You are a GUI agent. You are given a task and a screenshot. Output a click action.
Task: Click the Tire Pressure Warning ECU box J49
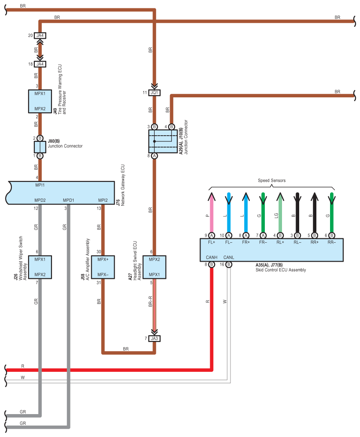tap(40, 101)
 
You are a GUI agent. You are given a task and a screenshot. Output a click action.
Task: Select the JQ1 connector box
tap(154, 93)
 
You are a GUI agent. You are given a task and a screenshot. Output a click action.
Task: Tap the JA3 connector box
tap(154, 338)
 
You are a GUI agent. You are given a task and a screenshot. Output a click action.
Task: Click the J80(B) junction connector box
tap(40, 147)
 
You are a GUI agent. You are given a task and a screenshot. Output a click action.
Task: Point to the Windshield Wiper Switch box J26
tap(40, 267)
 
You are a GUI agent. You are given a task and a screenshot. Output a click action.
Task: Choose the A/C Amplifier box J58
tap(103, 267)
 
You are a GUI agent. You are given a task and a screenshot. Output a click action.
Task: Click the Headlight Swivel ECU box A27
tap(154, 267)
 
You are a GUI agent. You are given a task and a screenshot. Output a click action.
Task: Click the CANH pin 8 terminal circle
tap(212, 264)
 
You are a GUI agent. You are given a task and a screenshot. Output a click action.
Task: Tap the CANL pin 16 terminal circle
tap(229, 264)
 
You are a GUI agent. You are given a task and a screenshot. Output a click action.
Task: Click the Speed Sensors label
tap(271, 180)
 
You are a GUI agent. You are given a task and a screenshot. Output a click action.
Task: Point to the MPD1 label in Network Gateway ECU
tap(69, 200)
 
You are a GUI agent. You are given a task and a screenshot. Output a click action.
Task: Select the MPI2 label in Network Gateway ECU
tap(103, 200)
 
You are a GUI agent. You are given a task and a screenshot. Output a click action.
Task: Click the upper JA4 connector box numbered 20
tap(40, 35)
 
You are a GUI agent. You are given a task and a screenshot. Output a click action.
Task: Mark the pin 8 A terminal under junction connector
tap(154, 156)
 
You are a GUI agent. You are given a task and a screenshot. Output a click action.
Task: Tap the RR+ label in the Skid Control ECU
tap(315, 242)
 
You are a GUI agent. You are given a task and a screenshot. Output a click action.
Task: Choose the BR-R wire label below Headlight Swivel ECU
tap(150, 301)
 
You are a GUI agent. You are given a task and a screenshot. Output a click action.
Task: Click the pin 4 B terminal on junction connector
tap(171, 127)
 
